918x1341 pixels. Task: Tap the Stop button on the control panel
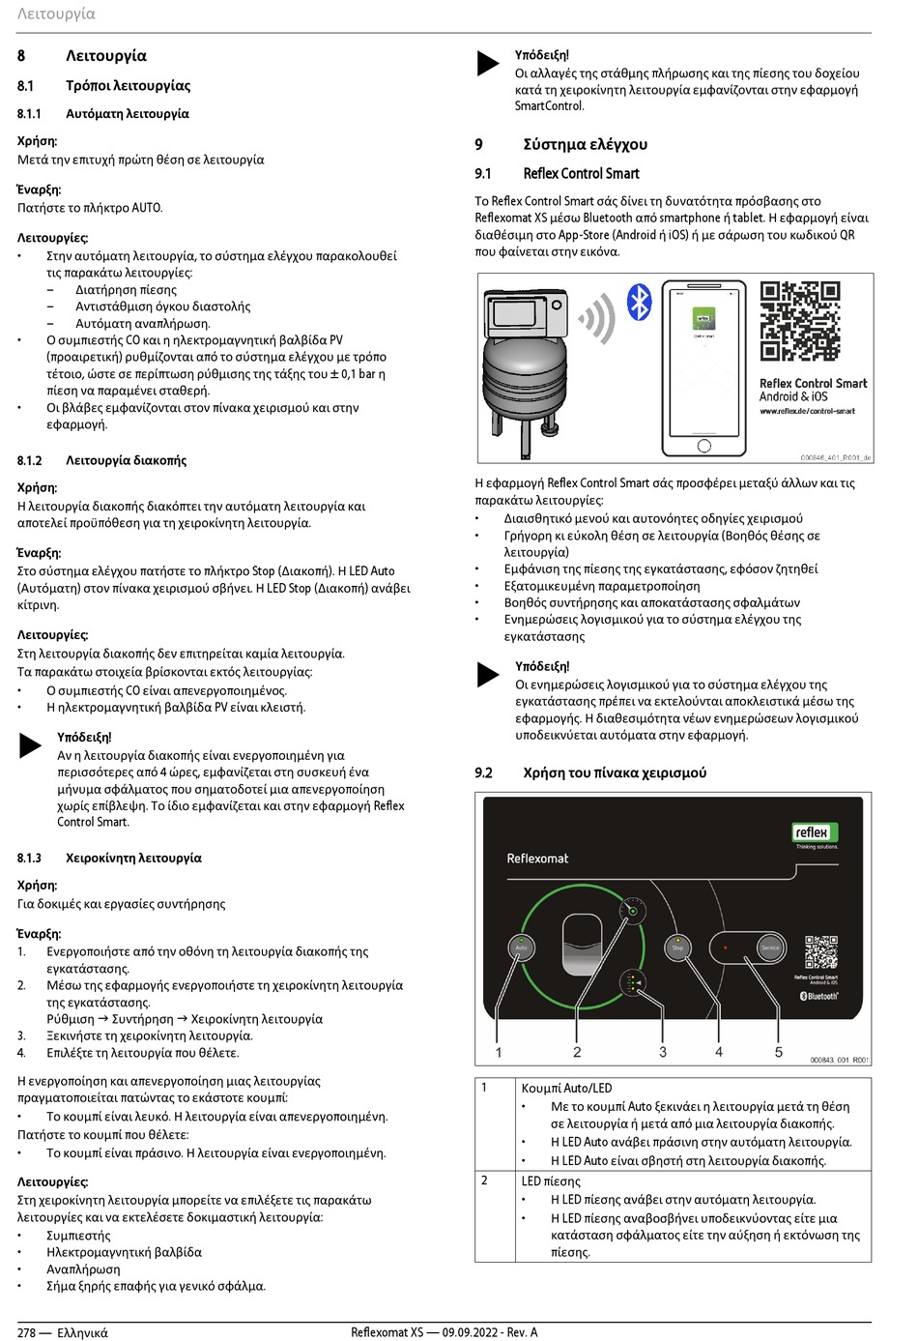(x=677, y=947)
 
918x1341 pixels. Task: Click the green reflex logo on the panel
(x=812, y=832)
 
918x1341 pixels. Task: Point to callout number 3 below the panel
(x=663, y=1052)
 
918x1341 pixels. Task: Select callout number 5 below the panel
(x=779, y=1052)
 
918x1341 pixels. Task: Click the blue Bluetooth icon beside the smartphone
(x=640, y=303)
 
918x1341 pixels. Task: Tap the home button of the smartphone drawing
(x=703, y=446)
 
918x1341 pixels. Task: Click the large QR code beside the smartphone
(x=799, y=321)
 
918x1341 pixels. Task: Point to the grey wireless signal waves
(x=599, y=318)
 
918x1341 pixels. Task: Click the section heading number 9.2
(x=483, y=773)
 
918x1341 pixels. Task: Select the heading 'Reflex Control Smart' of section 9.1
(x=581, y=173)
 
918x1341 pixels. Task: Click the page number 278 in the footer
(x=26, y=1332)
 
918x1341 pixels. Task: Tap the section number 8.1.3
(x=29, y=858)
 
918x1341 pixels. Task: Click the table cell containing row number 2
(x=485, y=1180)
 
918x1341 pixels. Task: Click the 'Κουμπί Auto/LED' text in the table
(x=566, y=1088)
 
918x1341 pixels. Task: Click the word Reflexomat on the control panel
(x=537, y=859)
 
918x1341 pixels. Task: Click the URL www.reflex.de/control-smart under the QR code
(x=807, y=411)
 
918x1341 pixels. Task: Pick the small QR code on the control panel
(x=821, y=952)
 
